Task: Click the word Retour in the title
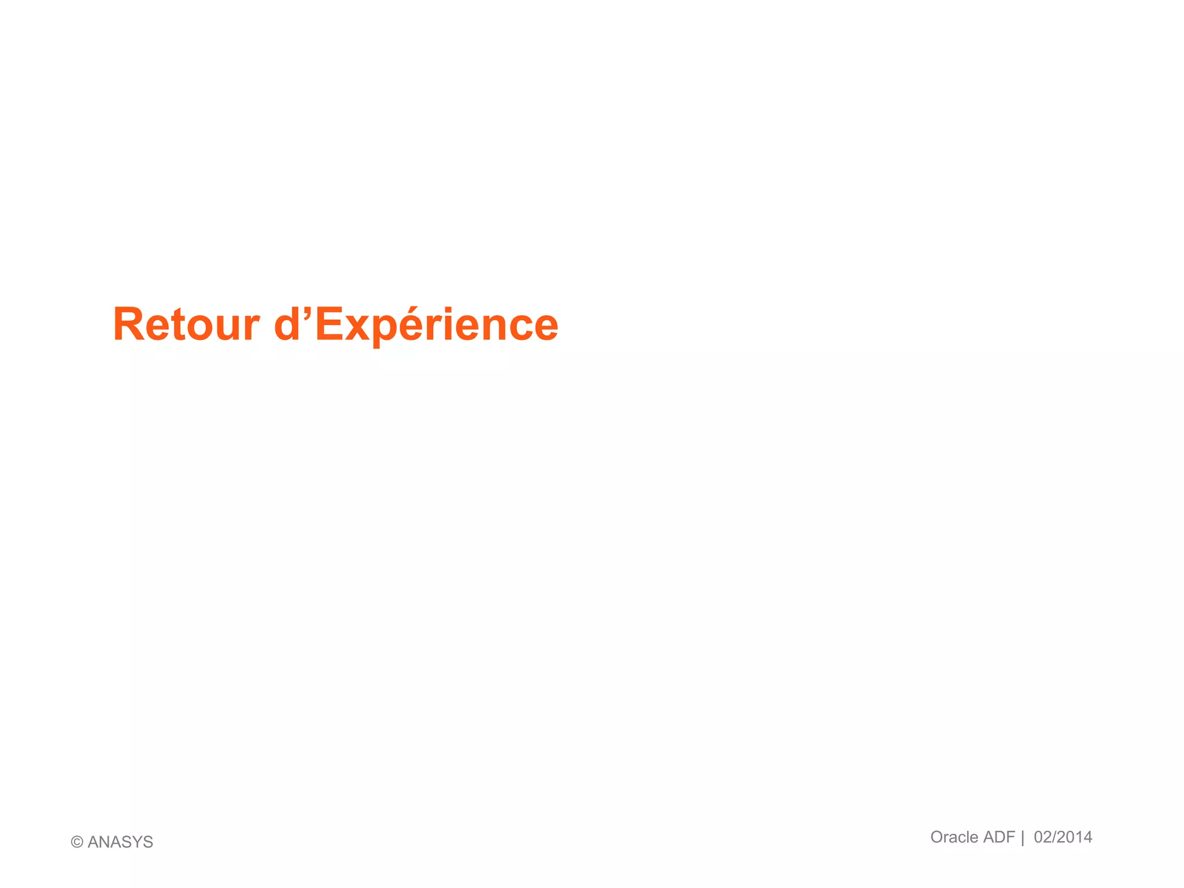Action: tap(186, 324)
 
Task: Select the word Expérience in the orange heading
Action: tap(436, 324)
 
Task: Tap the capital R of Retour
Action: tap(128, 324)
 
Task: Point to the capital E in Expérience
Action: tap(330, 324)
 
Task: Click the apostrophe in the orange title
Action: tap(306, 313)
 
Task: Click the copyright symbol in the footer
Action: tap(77, 842)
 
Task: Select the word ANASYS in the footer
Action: tap(120, 842)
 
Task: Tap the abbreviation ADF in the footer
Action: tap(999, 837)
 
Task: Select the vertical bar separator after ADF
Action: tap(1022, 838)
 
